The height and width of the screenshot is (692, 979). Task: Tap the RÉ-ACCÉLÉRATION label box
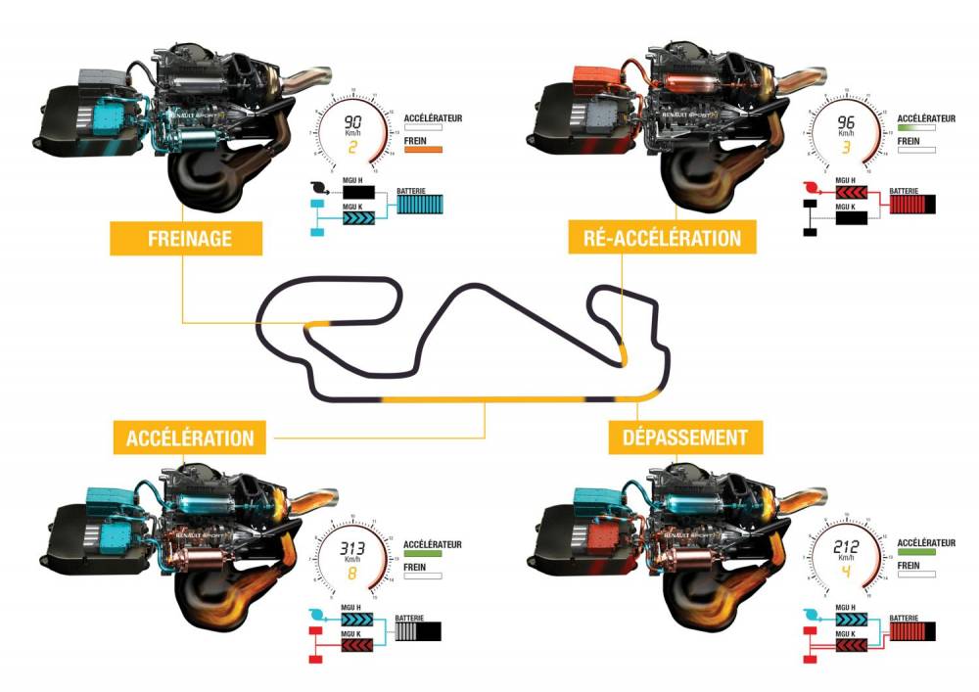click(x=655, y=237)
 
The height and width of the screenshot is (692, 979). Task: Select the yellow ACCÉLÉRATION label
click(x=190, y=437)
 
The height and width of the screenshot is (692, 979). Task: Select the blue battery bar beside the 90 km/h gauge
click(x=422, y=205)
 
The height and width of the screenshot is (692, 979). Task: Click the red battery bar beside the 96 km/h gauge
click(x=910, y=205)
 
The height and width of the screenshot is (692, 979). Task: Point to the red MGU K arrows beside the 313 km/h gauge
click(x=358, y=646)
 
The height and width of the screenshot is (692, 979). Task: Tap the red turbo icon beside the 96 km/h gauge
click(x=810, y=186)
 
